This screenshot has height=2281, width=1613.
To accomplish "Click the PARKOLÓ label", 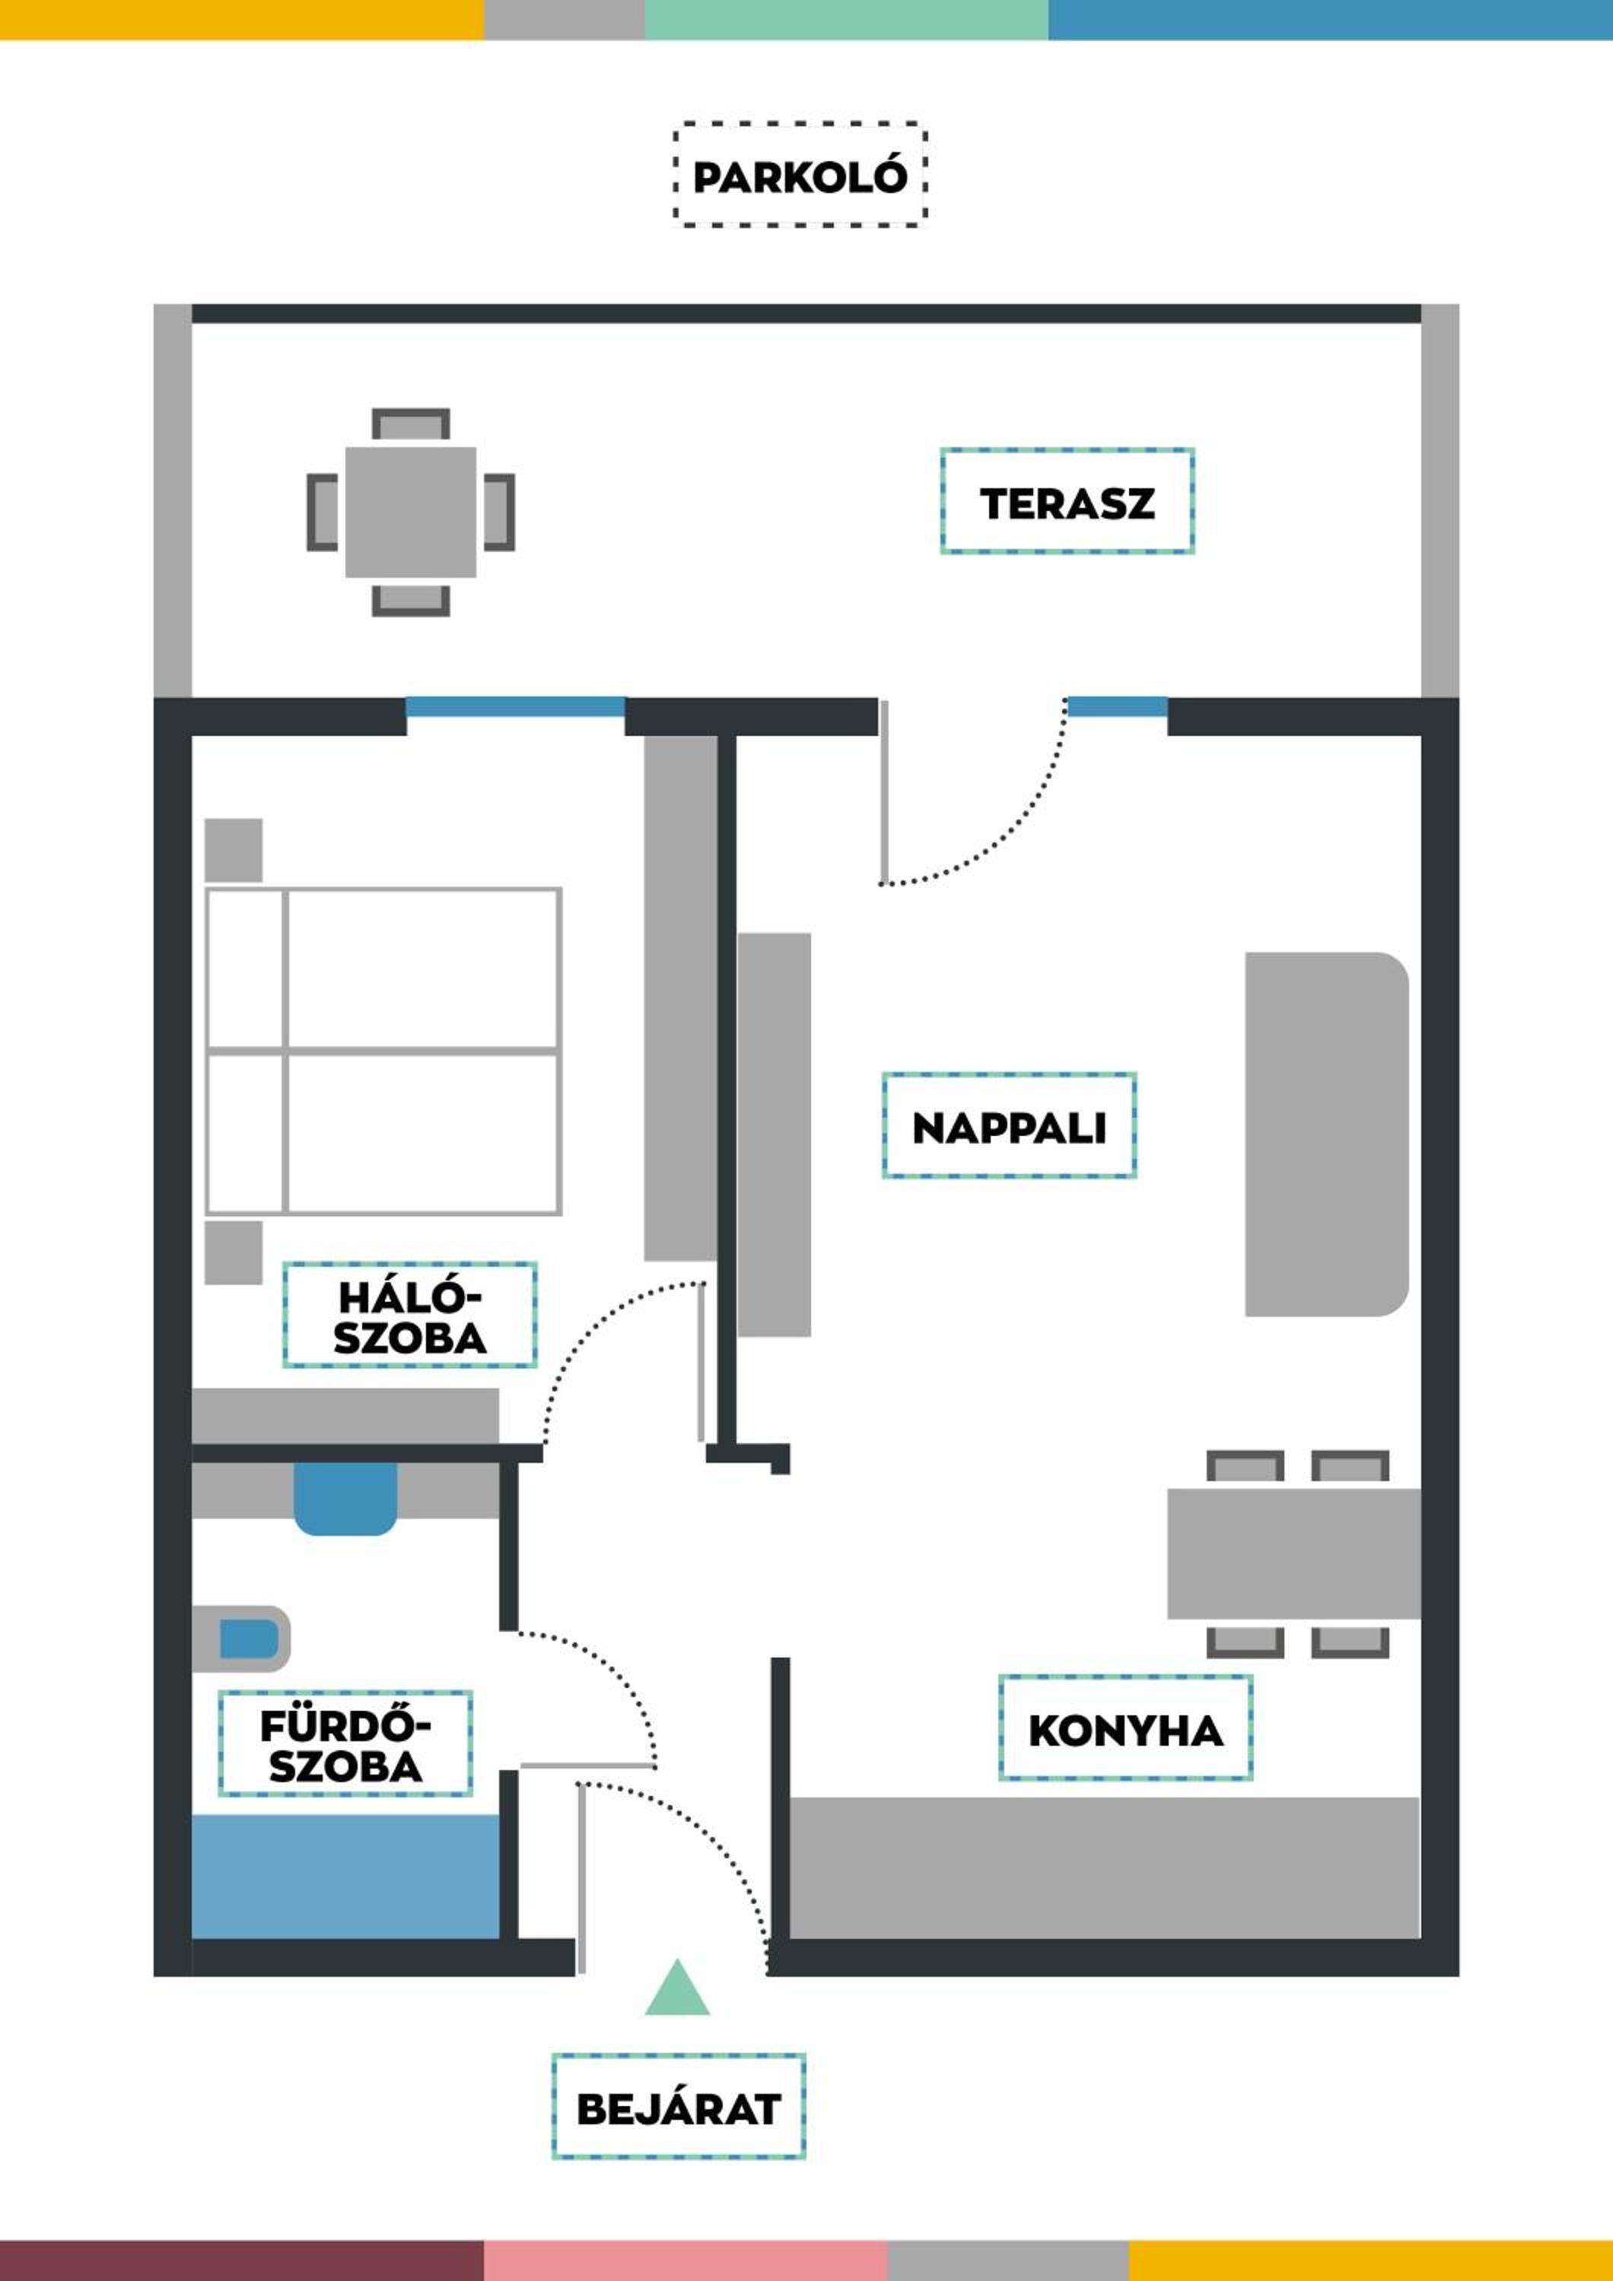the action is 800,177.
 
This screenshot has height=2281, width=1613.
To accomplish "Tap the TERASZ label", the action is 1067,502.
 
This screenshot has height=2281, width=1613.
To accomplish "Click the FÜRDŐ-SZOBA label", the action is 345,1743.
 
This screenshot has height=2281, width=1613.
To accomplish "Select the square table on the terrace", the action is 410,512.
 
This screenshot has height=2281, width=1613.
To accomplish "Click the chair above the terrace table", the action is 410,424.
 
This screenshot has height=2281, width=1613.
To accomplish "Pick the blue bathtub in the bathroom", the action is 345,1877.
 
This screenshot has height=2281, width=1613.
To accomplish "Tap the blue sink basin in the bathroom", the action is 345,1498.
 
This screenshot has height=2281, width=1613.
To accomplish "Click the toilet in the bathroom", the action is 241,1639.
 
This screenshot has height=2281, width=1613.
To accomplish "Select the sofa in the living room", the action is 1327,1134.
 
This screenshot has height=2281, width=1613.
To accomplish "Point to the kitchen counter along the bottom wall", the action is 1104,1867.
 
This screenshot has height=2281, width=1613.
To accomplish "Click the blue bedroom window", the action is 516,706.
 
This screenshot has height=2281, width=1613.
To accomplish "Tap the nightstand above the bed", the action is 234,850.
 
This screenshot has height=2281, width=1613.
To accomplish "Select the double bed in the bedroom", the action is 383,1051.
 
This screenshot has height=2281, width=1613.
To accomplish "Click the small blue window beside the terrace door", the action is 1117,706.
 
